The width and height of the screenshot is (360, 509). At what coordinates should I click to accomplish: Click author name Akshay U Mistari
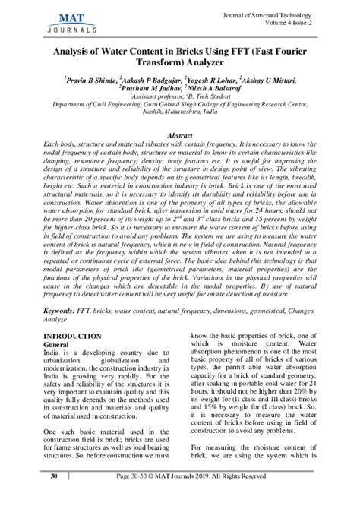point(266,79)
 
